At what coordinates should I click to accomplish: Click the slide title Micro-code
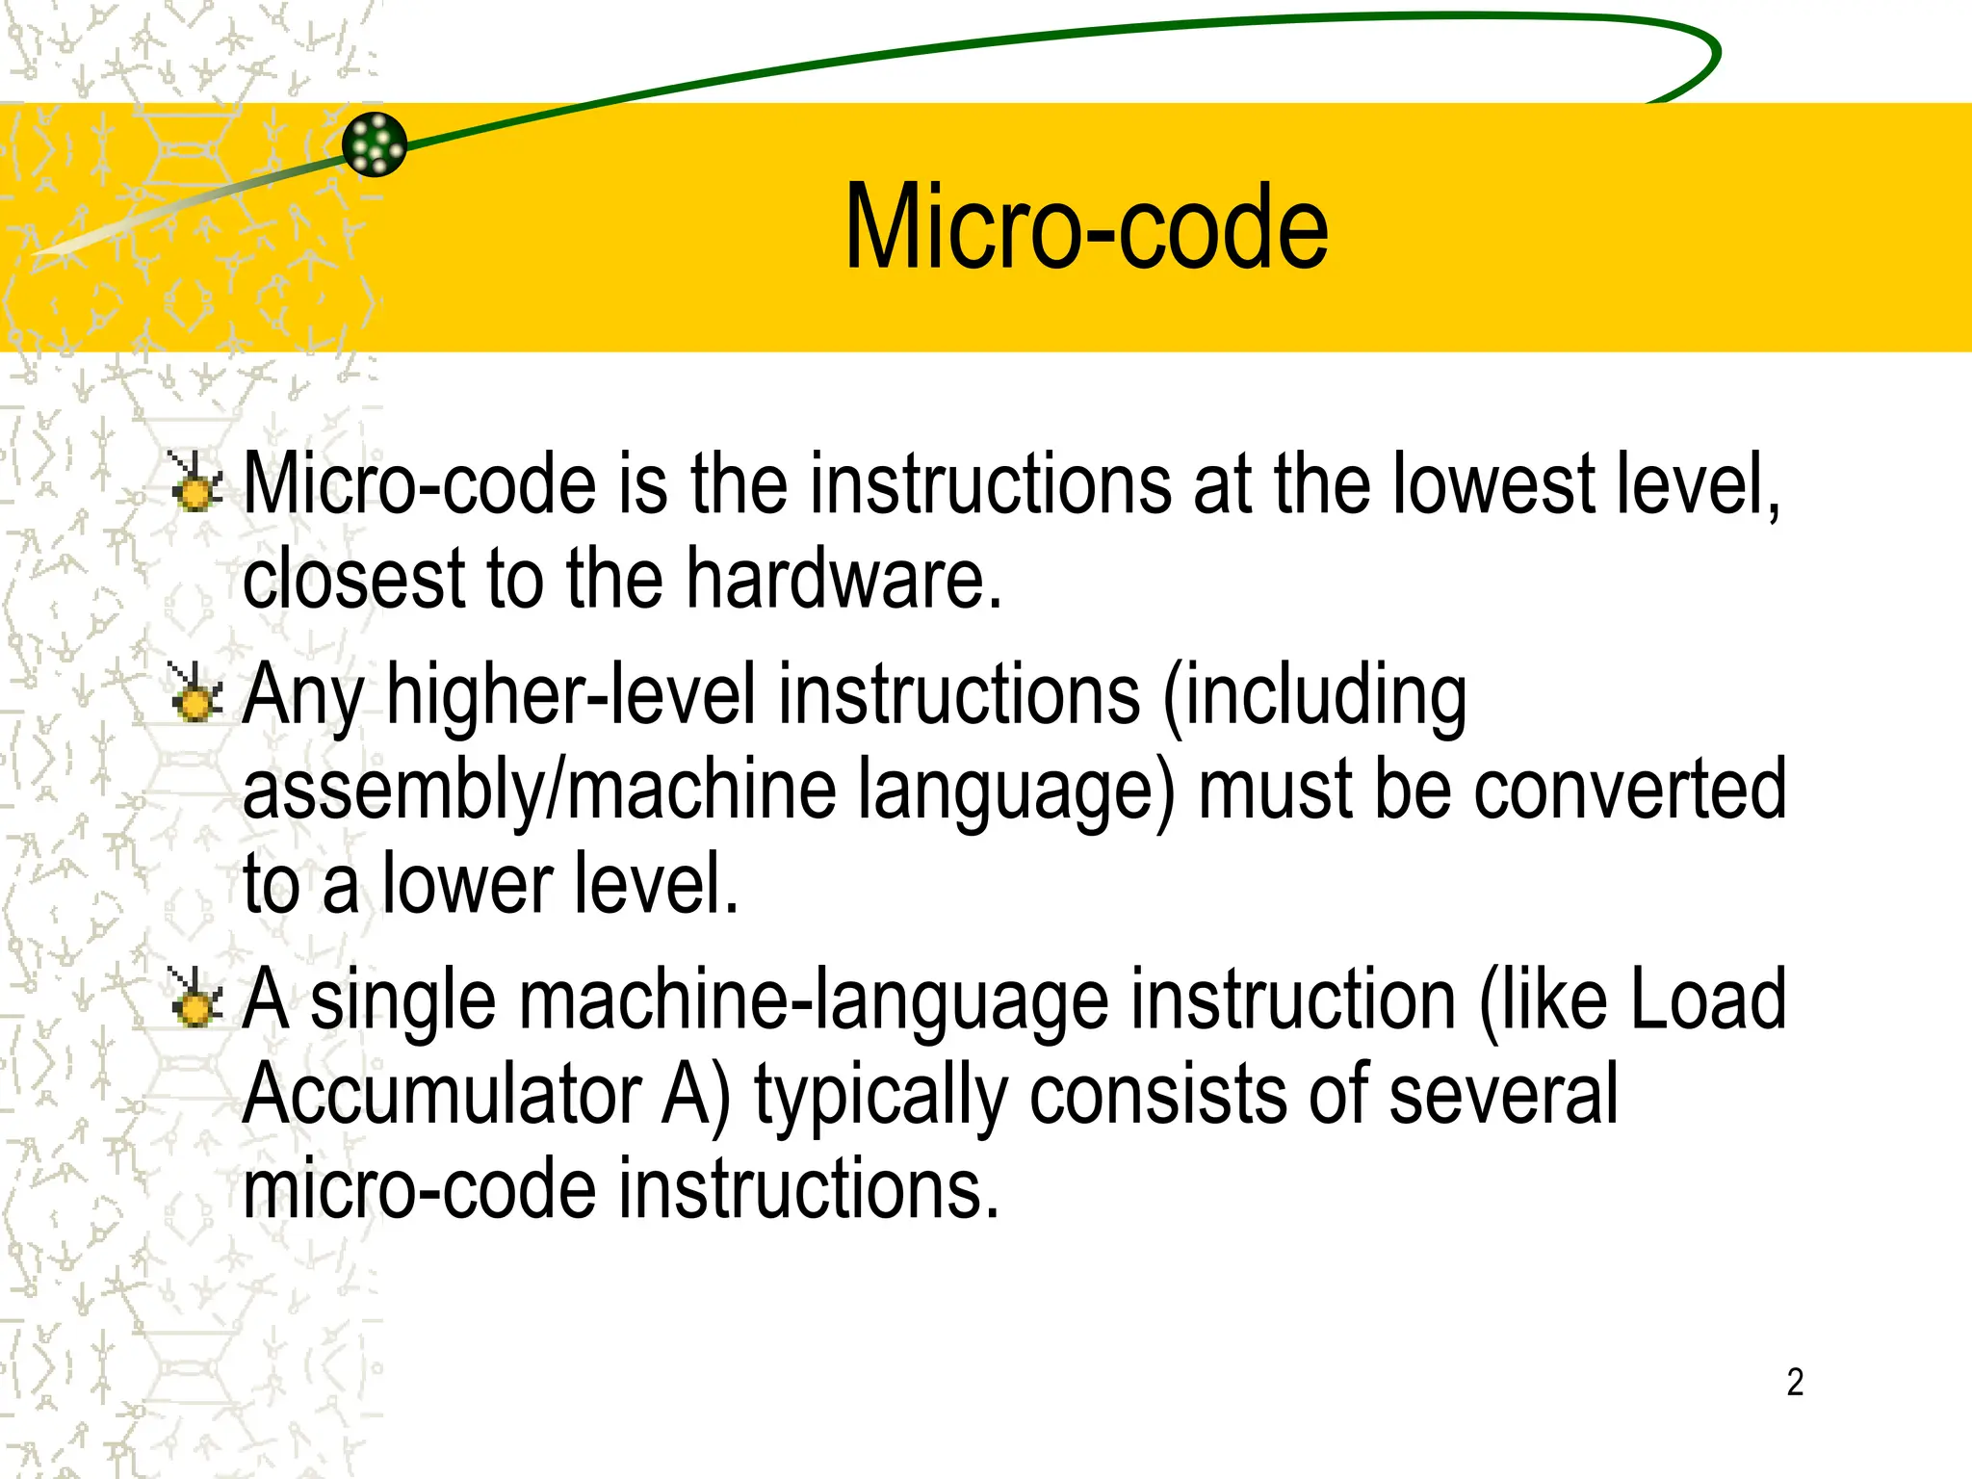click(x=1085, y=228)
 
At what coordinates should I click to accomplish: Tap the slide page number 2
click(x=1795, y=1382)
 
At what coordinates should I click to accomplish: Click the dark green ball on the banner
click(x=375, y=144)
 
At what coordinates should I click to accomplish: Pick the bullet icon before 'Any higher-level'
click(x=195, y=692)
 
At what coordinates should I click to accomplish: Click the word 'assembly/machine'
click(x=539, y=790)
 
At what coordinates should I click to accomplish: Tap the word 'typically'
click(x=880, y=1096)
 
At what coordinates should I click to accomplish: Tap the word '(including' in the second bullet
click(x=1314, y=695)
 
